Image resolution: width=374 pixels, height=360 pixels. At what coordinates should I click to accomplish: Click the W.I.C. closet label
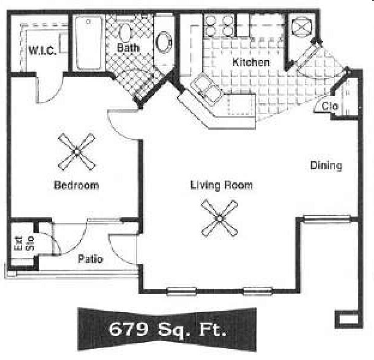tap(43, 50)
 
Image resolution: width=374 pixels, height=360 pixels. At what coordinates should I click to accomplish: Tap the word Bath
tap(128, 47)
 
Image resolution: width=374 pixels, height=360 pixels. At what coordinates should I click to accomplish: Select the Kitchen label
tap(251, 62)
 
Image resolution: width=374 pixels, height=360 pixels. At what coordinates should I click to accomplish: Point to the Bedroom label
tap(76, 185)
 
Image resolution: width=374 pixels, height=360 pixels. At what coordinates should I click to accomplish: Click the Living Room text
tap(221, 185)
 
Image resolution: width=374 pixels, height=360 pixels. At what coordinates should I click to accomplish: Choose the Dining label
tap(326, 166)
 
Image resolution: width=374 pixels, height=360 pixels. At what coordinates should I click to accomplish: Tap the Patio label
tap(91, 260)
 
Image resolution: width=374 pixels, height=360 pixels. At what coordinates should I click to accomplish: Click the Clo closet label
tap(330, 106)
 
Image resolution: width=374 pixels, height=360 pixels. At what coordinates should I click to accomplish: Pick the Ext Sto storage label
tap(22, 243)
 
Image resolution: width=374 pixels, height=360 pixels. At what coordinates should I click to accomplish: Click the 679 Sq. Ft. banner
tap(167, 329)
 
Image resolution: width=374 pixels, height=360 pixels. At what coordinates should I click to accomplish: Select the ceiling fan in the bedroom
tap(77, 151)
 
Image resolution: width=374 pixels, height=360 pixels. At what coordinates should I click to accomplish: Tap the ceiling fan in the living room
tap(219, 217)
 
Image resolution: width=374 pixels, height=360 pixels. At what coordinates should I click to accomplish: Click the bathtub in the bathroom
tap(89, 43)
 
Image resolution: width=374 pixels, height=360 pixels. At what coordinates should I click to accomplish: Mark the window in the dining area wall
tap(319, 219)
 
